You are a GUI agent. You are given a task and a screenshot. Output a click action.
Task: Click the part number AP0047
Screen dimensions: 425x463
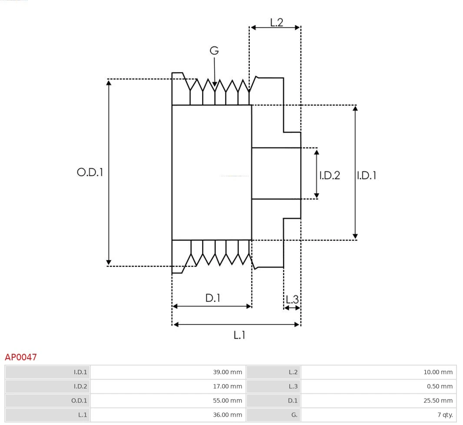pyautogui.click(x=21, y=357)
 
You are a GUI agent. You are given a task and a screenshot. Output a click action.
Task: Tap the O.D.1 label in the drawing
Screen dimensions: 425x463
pyautogui.click(x=90, y=172)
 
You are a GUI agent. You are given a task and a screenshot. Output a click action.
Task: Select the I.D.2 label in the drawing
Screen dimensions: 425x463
pyautogui.click(x=330, y=175)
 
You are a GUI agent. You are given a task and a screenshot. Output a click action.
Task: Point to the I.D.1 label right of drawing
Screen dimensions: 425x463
pyautogui.click(x=367, y=175)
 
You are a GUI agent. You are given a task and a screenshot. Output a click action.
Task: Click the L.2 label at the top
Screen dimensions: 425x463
pyautogui.click(x=277, y=22)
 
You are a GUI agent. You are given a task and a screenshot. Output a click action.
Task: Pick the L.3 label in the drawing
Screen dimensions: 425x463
pyautogui.click(x=292, y=299)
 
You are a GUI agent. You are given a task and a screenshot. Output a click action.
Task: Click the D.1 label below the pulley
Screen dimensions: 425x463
pyautogui.click(x=213, y=298)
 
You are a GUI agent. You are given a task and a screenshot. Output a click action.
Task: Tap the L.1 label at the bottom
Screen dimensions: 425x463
pyautogui.click(x=239, y=335)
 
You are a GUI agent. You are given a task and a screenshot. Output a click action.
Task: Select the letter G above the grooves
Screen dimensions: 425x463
pyautogui.click(x=214, y=51)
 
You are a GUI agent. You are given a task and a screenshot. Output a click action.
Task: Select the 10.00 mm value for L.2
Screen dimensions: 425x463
pyautogui.click(x=438, y=372)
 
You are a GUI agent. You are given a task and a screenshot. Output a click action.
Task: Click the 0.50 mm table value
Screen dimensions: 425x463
pyautogui.click(x=440, y=386)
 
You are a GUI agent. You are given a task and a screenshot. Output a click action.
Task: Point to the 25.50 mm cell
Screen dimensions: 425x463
pyautogui.click(x=438, y=401)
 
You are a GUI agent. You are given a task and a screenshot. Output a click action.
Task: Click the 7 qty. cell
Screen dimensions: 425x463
pyautogui.click(x=445, y=415)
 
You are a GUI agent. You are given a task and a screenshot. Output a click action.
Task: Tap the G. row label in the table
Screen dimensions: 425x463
pyautogui.click(x=294, y=415)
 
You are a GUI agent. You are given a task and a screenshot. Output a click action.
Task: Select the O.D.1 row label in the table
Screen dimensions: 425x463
pyautogui.click(x=79, y=401)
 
